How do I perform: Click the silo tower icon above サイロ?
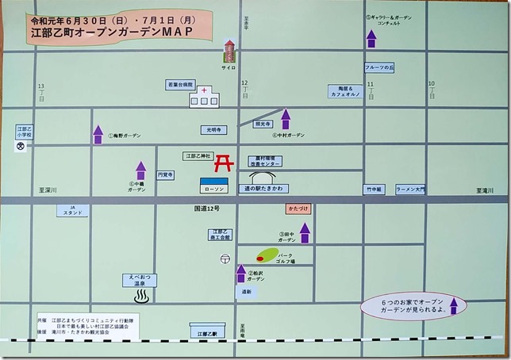[x=229, y=52]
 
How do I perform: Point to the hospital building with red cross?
[x=204, y=96]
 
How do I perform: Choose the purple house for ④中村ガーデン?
[x=286, y=119]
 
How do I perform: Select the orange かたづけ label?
[x=299, y=210]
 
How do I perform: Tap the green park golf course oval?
[x=266, y=256]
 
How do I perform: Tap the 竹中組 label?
[x=374, y=190]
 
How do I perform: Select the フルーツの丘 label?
[x=380, y=68]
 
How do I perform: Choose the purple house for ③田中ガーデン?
[x=305, y=232]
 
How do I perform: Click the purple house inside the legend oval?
[x=454, y=306]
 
